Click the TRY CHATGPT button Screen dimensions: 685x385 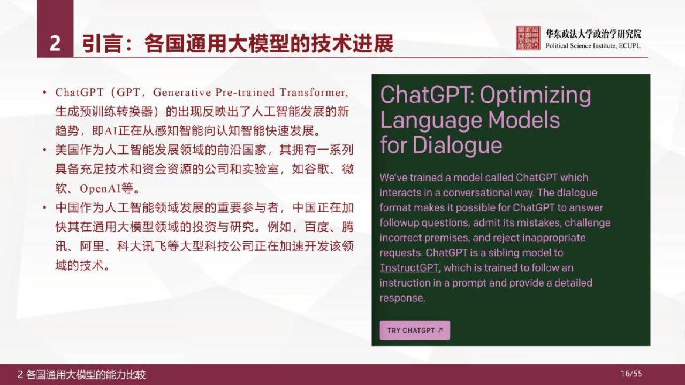coord(415,330)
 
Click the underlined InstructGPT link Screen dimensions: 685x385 coord(409,268)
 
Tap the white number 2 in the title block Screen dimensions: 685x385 coord(55,43)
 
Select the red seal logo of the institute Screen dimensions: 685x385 coord(528,38)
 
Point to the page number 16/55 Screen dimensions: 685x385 coord(631,374)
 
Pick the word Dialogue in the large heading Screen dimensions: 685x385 coord(457,145)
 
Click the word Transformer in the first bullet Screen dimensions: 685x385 coord(314,93)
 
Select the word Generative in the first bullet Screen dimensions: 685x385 coord(182,93)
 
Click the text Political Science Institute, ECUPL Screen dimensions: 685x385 coord(592,46)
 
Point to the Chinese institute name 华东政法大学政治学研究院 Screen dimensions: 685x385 coord(593,34)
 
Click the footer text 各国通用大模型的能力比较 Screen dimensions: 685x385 coord(86,374)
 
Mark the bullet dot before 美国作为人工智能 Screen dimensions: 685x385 coord(44,150)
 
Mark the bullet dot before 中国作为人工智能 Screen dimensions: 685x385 coord(44,208)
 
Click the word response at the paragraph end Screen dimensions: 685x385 coord(402,298)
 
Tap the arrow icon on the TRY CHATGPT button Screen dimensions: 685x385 coord(440,330)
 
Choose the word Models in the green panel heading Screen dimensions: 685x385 coord(523,120)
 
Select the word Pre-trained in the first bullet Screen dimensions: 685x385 coord(245,93)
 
